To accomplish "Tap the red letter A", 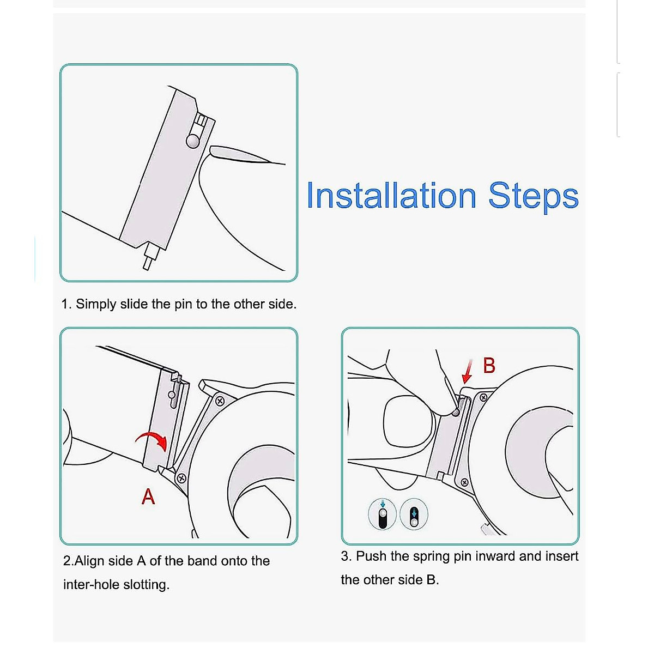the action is click(148, 496).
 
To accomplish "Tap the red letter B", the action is click(489, 366).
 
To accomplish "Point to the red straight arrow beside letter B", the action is click(468, 372).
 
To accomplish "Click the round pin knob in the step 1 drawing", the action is click(193, 140).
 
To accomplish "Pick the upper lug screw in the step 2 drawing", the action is click(220, 401).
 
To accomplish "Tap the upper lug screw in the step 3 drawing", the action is click(483, 397).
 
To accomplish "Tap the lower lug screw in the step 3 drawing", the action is click(465, 482).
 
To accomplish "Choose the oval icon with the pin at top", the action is click(383, 514).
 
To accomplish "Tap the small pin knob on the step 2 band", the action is click(172, 394).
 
